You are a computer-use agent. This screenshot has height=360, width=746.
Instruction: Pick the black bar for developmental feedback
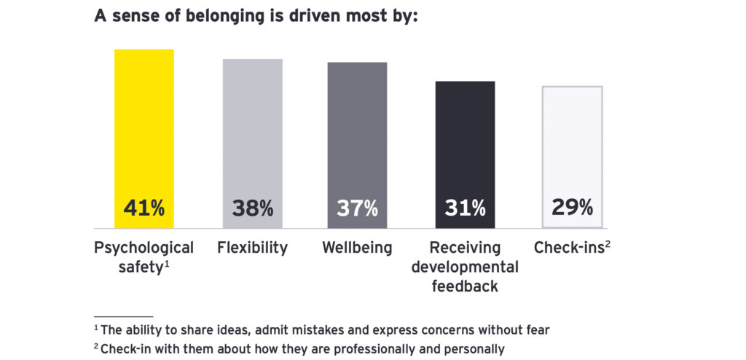pos(465,138)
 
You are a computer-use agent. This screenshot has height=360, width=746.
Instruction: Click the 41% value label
pos(144,208)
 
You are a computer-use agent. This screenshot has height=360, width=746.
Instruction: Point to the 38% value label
pos(253,208)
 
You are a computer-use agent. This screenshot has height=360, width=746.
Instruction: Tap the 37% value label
pos(357,208)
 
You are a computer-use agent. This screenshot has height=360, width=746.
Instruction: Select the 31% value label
pos(465,208)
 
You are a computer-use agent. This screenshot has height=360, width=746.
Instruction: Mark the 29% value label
pos(572,208)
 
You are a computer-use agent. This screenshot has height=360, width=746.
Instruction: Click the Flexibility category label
pos(252,248)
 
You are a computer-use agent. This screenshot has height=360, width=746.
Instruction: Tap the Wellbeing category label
pos(356,248)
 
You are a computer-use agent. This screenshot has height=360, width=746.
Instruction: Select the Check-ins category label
pos(569,248)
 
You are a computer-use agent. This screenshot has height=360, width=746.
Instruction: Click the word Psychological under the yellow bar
pos(144,248)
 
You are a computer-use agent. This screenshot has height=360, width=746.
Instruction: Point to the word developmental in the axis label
pos(465,267)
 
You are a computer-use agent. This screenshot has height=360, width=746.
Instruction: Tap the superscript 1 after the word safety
pos(167,264)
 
